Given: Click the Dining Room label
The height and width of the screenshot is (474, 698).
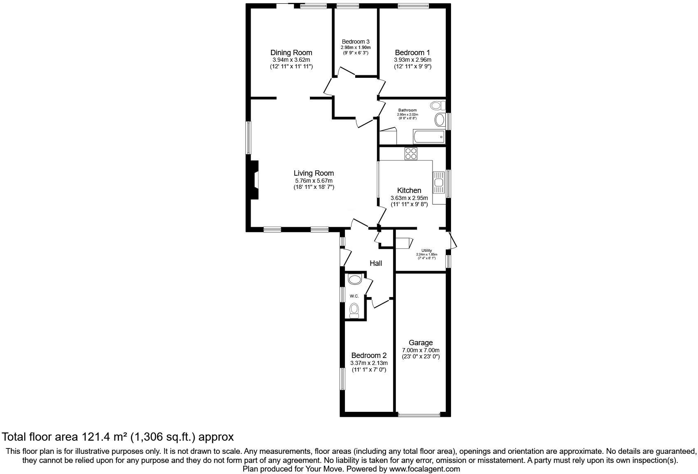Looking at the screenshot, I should point(291,53).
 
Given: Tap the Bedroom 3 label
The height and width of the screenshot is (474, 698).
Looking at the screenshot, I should point(356,42).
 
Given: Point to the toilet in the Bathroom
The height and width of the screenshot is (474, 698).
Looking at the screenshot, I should point(437,106).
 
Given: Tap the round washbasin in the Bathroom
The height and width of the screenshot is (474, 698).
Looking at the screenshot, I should point(440,121).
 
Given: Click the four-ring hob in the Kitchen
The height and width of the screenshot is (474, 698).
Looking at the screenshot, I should point(411,153).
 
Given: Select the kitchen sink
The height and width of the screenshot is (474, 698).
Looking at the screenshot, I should point(439,183).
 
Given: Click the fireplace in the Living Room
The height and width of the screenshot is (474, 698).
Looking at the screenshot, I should point(254,180).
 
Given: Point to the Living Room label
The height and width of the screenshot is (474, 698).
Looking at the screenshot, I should point(314,173).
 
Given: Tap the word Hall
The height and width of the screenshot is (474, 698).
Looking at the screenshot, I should point(375,263).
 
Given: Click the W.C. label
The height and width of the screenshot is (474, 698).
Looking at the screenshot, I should point(354,296).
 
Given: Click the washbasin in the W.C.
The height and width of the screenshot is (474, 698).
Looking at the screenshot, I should point(354,280).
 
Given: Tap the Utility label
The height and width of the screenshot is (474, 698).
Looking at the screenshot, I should point(426,251).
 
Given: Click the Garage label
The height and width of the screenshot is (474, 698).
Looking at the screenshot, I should point(421,342).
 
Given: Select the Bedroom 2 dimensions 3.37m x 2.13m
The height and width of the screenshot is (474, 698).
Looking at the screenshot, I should point(369,363).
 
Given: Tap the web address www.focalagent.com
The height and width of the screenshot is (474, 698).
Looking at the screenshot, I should point(424,469).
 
